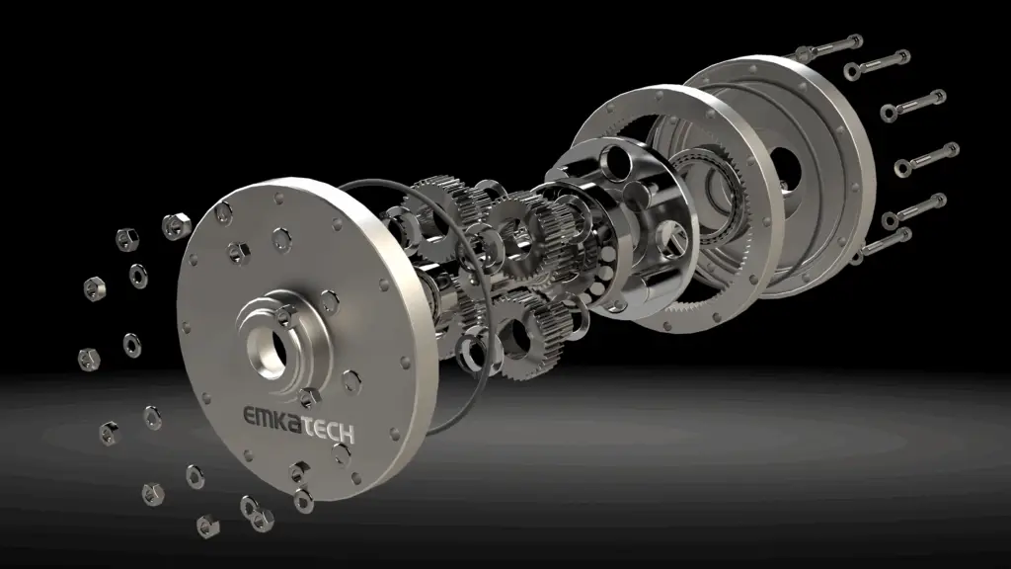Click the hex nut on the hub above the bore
tap(282, 315)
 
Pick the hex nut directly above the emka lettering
tap(309, 397)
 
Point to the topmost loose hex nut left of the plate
tap(176, 225)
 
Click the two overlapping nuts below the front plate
tap(257, 514)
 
